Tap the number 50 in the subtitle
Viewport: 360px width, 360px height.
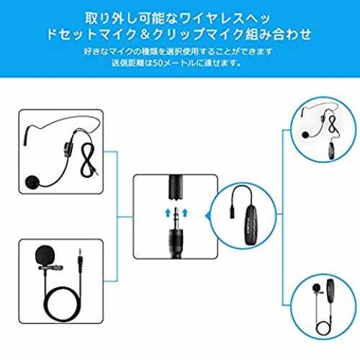[x=158, y=63]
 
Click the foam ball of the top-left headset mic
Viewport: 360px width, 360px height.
[x=32, y=182]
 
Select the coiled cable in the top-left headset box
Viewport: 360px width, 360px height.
[x=89, y=159]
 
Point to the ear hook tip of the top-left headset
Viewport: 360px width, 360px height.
[x=24, y=143]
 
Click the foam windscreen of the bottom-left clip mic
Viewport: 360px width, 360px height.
[x=45, y=255]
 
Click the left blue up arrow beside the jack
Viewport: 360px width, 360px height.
[x=168, y=212]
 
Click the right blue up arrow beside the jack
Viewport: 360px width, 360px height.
[x=185, y=212]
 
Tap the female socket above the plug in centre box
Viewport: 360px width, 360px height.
[x=176, y=188]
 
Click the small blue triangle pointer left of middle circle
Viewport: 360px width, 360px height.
[x=207, y=216]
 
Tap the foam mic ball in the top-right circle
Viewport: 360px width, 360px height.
[x=305, y=135]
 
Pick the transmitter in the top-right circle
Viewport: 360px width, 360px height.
[x=332, y=150]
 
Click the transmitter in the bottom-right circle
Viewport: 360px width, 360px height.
[x=330, y=289]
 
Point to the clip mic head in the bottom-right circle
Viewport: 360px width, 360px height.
[x=317, y=287]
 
